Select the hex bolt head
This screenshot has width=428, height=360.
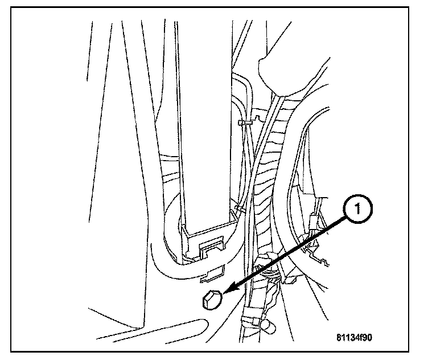(211, 298)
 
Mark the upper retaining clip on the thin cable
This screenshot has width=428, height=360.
(244, 122)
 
